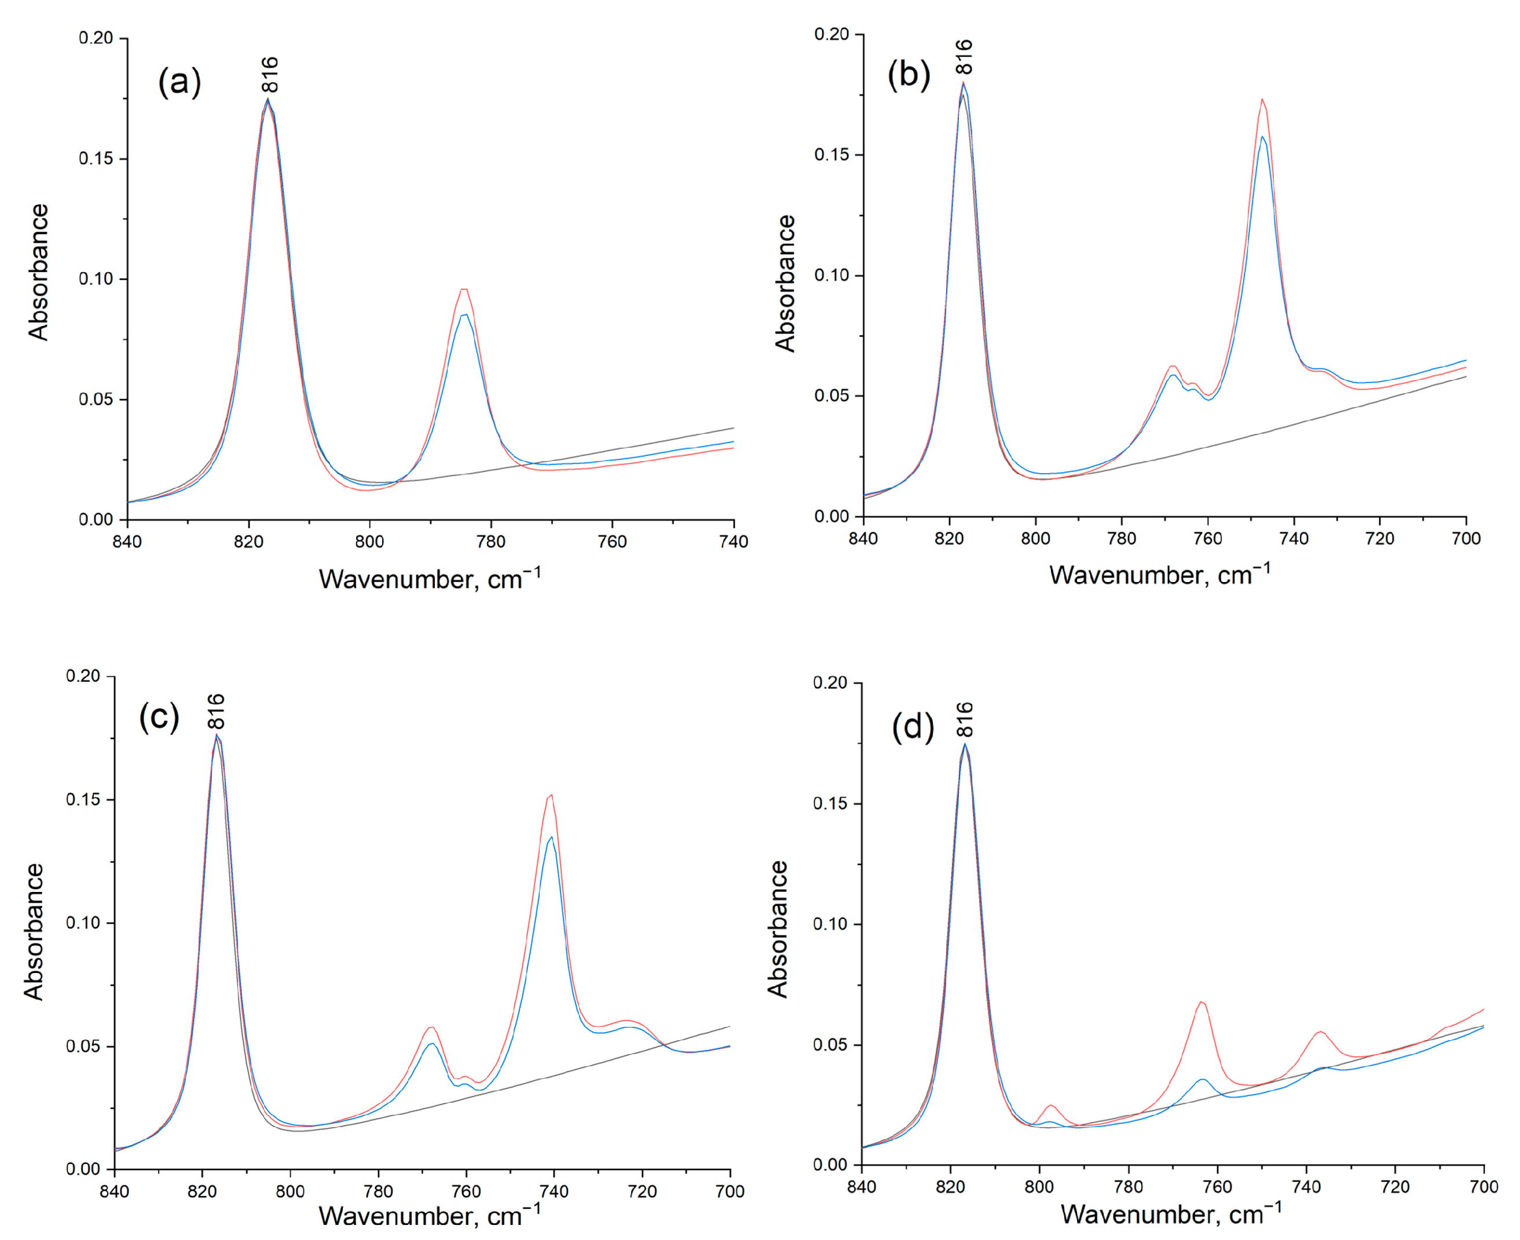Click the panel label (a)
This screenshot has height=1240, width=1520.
(x=179, y=82)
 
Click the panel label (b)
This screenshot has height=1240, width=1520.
(x=908, y=74)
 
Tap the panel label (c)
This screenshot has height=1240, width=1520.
(x=159, y=716)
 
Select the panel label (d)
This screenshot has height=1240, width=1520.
(x=913, y=728)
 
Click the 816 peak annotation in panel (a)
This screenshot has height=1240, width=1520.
(x=270, y=75)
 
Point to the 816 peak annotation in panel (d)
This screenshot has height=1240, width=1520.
(x=965, y=719)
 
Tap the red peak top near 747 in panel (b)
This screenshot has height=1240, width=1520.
(x=1262, y=100)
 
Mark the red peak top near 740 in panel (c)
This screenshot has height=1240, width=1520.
(x=551, y=795)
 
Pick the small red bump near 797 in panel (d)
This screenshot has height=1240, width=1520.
(x=1051, y=1106)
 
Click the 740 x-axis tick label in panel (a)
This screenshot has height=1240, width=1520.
(x=733, y=542)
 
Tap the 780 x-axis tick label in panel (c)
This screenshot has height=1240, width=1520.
(x=378, y=1191)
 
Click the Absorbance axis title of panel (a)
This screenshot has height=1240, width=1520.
(x=39, y=272)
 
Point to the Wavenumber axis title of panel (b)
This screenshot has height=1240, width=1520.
(x=1159, y=575)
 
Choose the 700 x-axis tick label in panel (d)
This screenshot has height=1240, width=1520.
(x=1484, y=1187)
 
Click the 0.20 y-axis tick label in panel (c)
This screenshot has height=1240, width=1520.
(x=83, y=676)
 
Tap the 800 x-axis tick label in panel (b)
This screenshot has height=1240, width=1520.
(x=1035, y=539)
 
